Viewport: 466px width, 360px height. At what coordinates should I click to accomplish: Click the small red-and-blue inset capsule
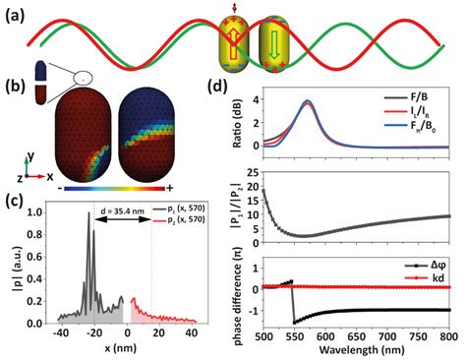coord(38,83)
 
